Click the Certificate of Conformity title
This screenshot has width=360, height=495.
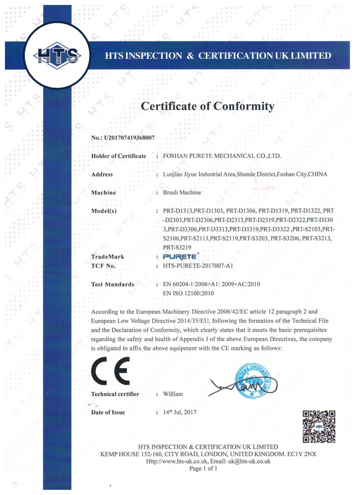208,106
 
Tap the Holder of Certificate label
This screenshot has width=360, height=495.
119,156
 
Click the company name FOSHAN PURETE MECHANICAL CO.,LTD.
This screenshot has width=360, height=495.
223,156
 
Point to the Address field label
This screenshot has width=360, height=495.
102,174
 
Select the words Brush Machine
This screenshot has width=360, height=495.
182,193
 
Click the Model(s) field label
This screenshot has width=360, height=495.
104,211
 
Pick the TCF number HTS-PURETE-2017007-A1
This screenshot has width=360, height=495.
204,266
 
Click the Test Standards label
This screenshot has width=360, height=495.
112,285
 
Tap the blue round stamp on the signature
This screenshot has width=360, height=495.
255,380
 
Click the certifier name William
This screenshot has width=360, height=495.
173,394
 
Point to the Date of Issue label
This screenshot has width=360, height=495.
108,412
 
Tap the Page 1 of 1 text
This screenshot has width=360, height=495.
203,468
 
